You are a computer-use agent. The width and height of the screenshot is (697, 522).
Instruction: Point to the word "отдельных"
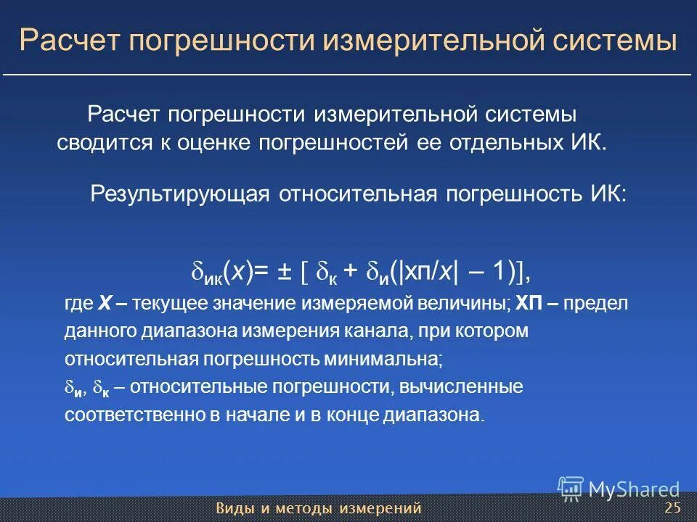coord(499,141)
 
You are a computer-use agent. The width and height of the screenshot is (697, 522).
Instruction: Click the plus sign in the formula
coord(351,272)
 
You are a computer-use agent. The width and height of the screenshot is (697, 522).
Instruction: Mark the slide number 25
coord(672,507)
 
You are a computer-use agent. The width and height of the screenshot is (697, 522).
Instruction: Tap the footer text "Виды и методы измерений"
coord(319,507)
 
